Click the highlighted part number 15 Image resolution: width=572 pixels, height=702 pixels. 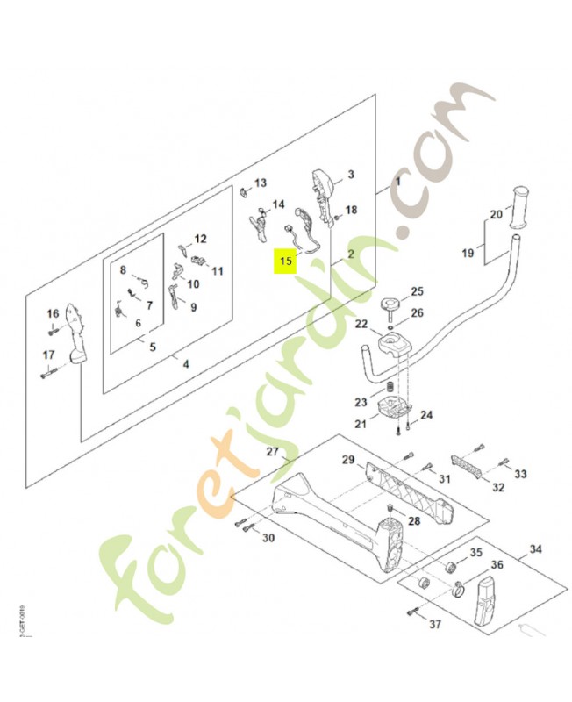point(285,261)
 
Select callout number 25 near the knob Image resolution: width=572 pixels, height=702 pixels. point(417,291)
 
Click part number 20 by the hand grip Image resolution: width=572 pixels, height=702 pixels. point(496,214)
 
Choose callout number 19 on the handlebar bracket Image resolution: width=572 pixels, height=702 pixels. point(468,253)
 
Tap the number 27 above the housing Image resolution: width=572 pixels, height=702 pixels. point(272,452)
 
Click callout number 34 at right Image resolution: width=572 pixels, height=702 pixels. point(536,550)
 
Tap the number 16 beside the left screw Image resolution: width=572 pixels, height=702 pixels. point(53,313)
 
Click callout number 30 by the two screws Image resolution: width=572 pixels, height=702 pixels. point(268,538)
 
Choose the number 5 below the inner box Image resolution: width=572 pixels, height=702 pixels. point(152,347)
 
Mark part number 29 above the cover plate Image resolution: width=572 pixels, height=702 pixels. point(347,460)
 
